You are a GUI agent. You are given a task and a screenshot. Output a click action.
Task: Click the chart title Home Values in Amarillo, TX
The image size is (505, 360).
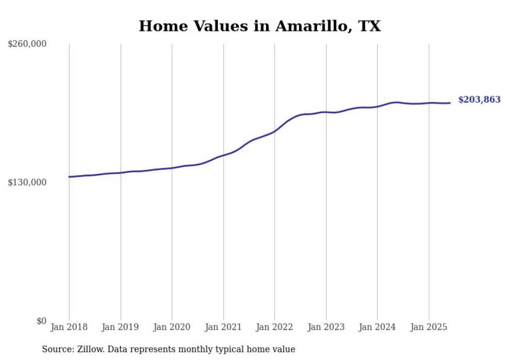[260, 26]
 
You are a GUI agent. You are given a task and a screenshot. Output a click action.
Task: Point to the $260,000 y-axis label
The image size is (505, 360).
[27, 44]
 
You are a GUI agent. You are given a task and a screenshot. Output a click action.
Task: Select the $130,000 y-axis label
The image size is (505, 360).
[27, 182]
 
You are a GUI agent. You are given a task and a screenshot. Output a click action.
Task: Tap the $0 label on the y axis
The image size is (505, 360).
[42, 321]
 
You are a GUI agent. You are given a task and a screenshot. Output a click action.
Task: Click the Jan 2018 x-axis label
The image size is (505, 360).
[69, 327]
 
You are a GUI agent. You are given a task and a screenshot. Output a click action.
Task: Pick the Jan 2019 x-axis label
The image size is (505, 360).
[121, 327]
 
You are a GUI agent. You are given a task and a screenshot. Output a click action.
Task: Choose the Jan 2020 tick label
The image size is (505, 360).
[172, 327]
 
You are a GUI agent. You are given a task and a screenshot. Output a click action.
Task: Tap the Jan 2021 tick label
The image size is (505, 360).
[223, 327]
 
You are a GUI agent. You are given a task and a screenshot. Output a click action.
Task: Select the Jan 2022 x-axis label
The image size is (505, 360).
[275, 327]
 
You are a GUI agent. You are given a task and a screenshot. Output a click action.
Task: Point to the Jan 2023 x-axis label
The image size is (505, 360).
[326, 327]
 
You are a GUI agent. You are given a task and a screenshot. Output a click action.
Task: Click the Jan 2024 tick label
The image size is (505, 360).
[377, 327]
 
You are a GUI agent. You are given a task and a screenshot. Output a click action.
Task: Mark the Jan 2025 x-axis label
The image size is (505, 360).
[429, 327]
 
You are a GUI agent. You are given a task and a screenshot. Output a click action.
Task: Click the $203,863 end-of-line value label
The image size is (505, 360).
[479, 100]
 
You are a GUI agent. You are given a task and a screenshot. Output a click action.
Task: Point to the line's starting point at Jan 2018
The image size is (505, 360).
[69, 177]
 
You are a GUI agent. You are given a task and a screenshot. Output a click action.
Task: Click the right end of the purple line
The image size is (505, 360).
[450, 103]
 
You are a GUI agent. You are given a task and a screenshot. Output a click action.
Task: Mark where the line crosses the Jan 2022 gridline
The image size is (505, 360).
[275, 131]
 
